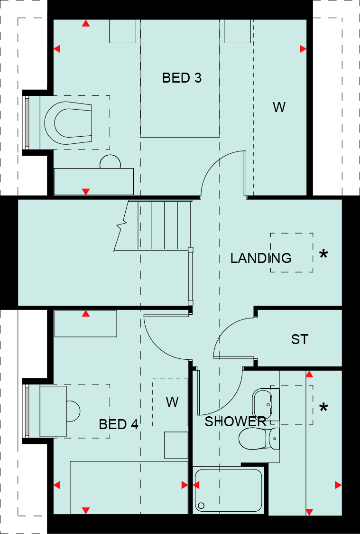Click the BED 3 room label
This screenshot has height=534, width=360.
point(182,78)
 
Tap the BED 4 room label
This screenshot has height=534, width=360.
point(119,424)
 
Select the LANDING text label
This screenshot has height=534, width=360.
point(260,258)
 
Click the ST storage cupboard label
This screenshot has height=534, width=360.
point(299,339)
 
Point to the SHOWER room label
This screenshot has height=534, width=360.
point(235,422)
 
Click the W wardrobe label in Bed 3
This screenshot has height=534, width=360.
point(279,107)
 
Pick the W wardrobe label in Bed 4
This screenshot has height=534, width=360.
point(172,403)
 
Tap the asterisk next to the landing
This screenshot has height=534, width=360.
point(323,255)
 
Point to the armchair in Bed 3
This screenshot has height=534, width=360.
point(68,122)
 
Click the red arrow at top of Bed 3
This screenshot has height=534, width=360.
point(86,23)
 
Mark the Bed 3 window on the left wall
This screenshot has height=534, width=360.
point(27,122)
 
